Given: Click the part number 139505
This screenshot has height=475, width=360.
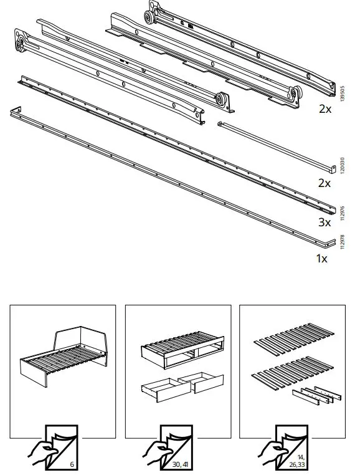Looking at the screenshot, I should pos(341,94).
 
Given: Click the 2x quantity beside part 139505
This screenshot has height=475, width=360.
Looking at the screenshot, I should pos(325,109).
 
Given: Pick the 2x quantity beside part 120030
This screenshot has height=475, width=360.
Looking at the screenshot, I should pos(325,183).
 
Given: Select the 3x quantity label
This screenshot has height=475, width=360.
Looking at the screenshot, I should pos(325,221).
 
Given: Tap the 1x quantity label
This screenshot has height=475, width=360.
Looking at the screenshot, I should pos(321,258).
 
